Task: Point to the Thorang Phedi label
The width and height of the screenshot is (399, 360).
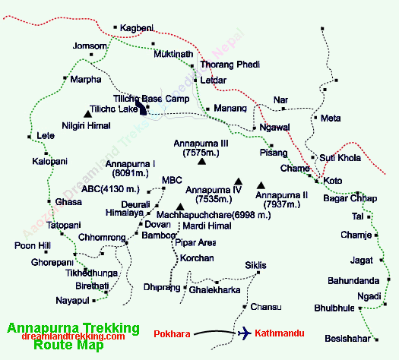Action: point(230,65)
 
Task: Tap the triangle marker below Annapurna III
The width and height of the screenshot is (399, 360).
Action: point(201,160)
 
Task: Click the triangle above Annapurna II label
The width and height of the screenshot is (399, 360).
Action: point(261,185)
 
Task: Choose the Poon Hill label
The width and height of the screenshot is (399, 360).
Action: point(31,245)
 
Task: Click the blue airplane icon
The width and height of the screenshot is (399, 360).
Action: point(245,333)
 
